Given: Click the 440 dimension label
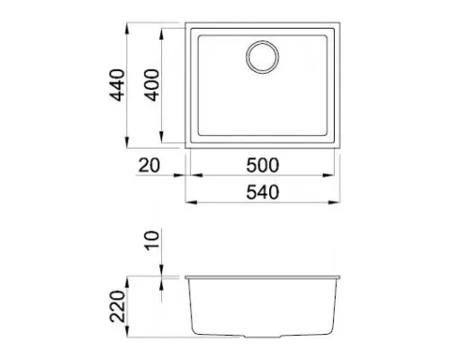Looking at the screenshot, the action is click(117, 85).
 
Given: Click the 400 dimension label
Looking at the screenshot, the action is click(151, 85).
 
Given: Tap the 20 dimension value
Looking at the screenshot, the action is click(149, 166).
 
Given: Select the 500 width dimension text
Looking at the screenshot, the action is click(263, 166).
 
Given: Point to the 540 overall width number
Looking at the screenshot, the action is click(263, 193).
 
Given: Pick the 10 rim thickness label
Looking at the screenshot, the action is click(152, 240).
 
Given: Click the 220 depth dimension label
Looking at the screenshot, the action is click(117, 306).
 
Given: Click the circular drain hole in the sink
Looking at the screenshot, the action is click(262, 57).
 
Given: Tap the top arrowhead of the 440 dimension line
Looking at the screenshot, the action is click(127, 29).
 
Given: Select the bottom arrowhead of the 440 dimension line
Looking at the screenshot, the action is click(127, 141).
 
